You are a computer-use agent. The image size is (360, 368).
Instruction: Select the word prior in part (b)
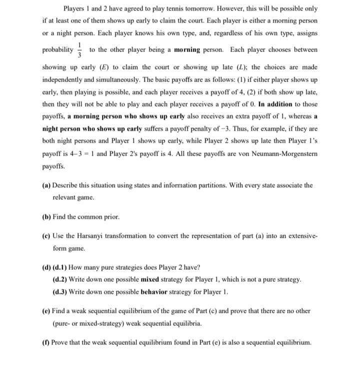(x=111, y=217)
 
